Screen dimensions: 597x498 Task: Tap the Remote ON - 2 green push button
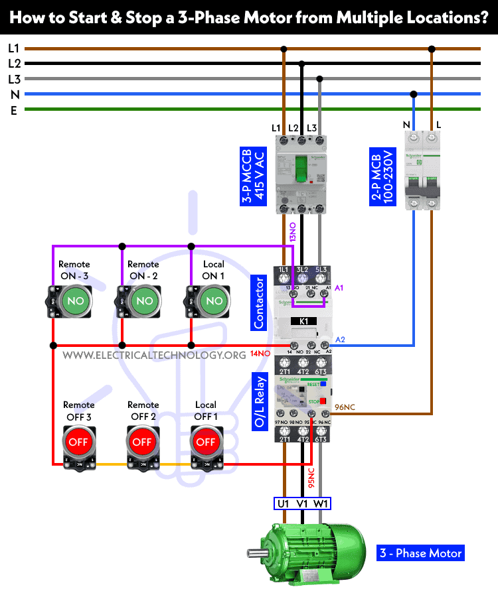[x=143, y=300]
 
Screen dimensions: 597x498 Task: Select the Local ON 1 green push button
[x=212, y=300]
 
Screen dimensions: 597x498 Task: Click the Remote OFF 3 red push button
[x=79, y=441]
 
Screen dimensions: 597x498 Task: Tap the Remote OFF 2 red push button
[x=143, y=441]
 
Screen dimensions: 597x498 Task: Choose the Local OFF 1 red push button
[x=206, y=441]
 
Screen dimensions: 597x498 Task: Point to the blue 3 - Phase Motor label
[x=420, y=553]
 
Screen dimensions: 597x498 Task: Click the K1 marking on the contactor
[x=303, y=321]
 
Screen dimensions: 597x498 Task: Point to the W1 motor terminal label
[x=321, y=504]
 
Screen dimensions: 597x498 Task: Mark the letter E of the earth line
[x=13, y=110]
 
